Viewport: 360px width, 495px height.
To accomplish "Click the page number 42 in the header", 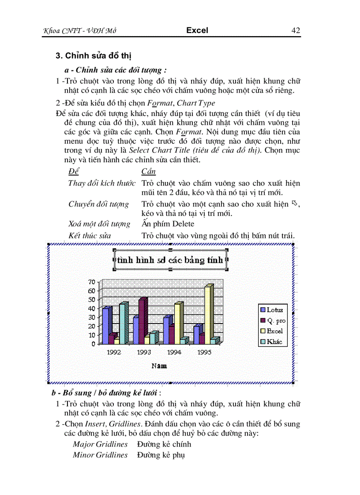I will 296,30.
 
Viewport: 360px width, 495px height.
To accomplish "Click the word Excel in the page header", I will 197,30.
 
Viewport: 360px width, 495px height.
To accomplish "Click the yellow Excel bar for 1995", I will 208,313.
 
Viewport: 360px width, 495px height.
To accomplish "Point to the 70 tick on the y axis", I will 92,282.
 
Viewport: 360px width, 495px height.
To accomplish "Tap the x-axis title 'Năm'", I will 159,366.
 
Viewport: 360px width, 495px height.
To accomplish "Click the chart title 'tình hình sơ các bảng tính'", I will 170,260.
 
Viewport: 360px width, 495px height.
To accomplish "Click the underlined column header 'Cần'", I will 148,171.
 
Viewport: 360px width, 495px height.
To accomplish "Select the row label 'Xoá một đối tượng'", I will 99,224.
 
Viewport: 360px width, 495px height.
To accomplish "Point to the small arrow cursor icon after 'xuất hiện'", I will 296,203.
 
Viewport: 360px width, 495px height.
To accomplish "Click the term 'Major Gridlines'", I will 100,444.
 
